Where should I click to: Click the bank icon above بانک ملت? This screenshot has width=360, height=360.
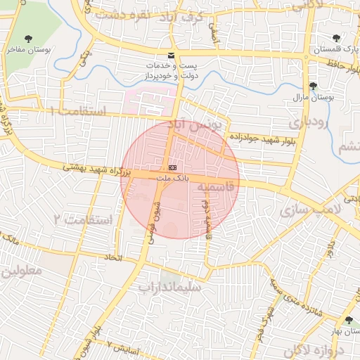[x=172, y=167]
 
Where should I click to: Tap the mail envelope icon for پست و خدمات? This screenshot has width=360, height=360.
[x=172, y=55]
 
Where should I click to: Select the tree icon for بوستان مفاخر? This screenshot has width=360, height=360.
[x=28, y=39]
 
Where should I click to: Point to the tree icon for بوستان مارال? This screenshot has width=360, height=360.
[x=314, y=86]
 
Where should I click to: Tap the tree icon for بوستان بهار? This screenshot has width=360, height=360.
[x=349, y=320]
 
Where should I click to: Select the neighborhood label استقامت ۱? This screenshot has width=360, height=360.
[x=77, y=112]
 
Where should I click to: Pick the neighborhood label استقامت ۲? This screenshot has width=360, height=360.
[x=83, y=220]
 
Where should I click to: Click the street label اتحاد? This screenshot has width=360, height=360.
[x=113, y=258]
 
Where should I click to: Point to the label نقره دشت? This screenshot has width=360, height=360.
[x=151, y=15]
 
